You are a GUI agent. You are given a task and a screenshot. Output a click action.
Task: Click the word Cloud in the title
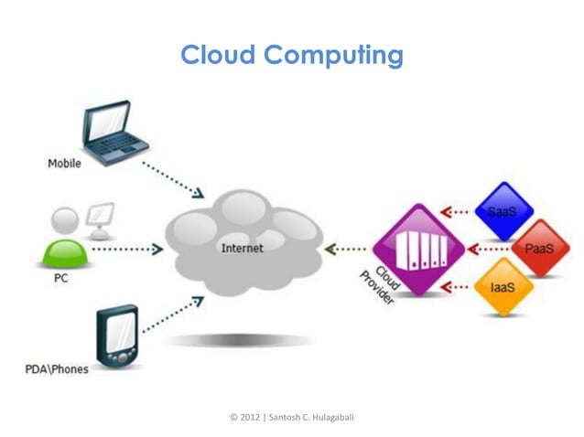tap(218, 56)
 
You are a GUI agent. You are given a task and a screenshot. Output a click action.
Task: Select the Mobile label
tap(64, 164)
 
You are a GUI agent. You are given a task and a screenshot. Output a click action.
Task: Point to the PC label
tap(57, 278)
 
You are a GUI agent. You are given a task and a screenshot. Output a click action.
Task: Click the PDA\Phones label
tap(56, 369)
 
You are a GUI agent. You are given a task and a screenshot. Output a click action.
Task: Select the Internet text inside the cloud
tap(243, 248)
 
